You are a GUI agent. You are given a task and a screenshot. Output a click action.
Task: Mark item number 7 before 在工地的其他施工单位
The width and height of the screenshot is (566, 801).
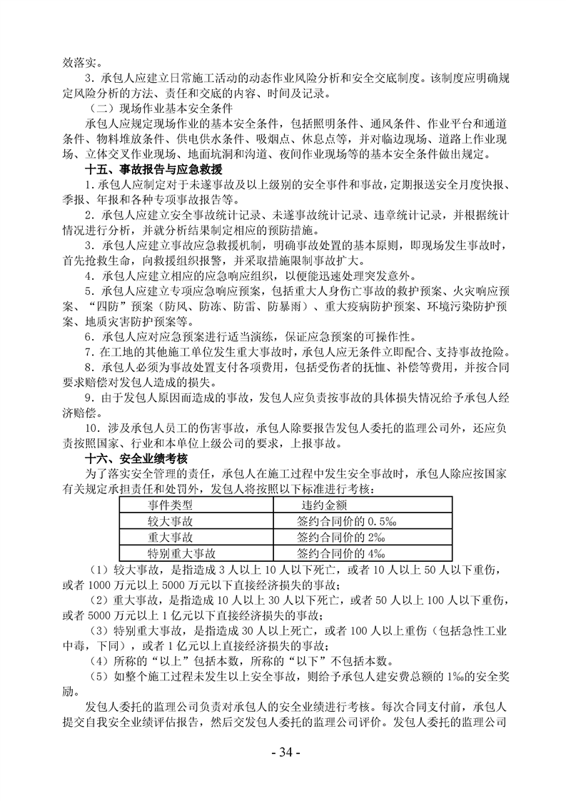[x=89, y=352]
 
